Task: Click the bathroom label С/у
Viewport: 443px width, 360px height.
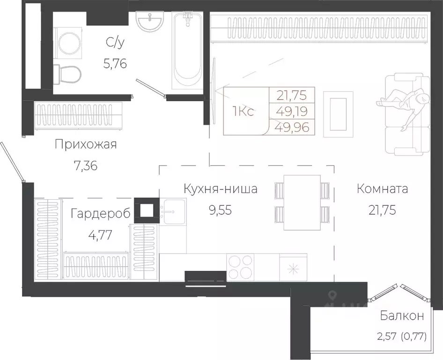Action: tap(116, 43)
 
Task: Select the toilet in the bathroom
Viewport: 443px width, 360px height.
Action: tap(67, 73)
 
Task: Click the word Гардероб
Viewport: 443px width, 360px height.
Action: tap(99, 214)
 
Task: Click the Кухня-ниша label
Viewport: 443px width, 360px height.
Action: tap(221, 189)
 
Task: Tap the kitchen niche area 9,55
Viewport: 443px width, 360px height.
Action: tap(221, 209)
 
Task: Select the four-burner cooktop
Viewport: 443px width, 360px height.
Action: tap(240, 267)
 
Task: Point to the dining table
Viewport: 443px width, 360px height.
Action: tap(302, 202)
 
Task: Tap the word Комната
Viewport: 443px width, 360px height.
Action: tap(382, 189)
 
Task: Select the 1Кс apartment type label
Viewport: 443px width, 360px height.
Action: tap(243, 112)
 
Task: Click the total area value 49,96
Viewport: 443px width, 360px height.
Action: tap(293, 127)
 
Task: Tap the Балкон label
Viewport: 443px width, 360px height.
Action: tap(402, 316)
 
